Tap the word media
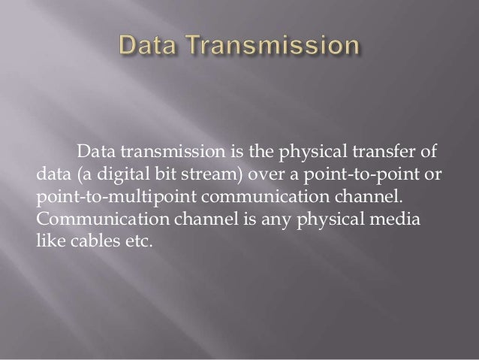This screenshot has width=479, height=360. tap(402, 222)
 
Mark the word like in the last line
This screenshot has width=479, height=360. tap(49, 244)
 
